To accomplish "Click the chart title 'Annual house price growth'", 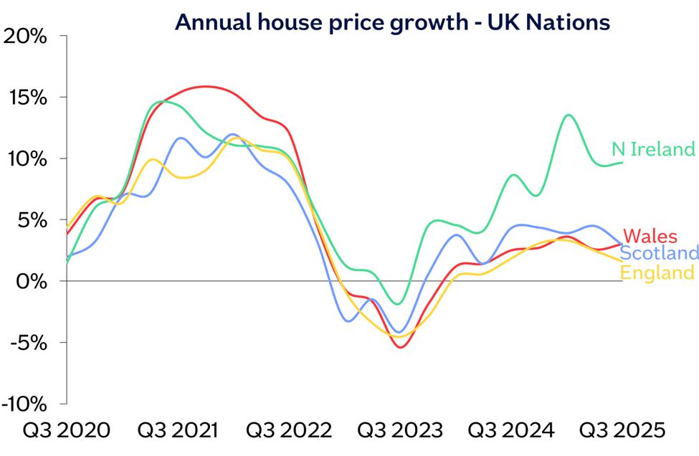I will pyautogui.click(x=392, y=22).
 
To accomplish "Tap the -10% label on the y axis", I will pyautogui.click(x=25, y=404).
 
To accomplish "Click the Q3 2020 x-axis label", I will pyautogui.click(x=67, y=431).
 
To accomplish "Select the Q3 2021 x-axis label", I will pyautogui.click(x=178, y=431).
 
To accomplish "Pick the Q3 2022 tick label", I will pyautogui.click(x=289, y=431).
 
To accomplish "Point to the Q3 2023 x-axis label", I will pyautogui.click(x=400, y=431).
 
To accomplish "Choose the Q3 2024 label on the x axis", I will pyautogui.click(x=511, y=431).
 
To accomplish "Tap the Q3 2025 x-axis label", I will pyautogui.click(x=622, y=431).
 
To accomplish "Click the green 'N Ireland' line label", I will pyautogui.click(x=653, y=149).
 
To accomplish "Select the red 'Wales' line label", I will pyautogui.click(x=650, y=236).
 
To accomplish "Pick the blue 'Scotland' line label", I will pyautogui.click(x=659, y=253).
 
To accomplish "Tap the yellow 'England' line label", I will pyautogui.click(x=657, y=272).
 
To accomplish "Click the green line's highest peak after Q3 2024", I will pyautogui.click(x=569, y=115).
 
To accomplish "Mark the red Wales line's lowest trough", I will pyautogui.click(x=400, y=348).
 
